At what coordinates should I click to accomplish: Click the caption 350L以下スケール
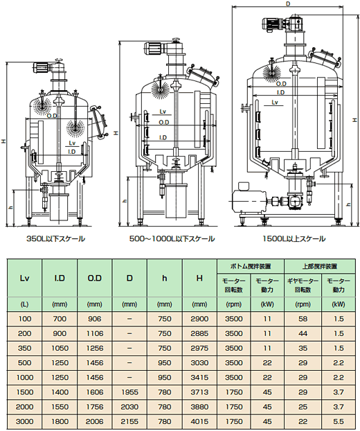coord(56,239)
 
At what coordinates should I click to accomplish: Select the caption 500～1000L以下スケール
coord(172,239)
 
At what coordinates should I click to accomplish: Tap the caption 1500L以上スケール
coord(294,239)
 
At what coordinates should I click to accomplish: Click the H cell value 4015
coord(199,422)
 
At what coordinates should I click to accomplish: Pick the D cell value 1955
coord(129,392)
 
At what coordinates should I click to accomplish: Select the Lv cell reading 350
coord(24,349)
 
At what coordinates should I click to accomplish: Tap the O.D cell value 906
coord(94,319)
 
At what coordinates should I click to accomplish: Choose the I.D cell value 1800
coord(60,422)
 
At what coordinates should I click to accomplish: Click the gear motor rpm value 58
coord(303,319)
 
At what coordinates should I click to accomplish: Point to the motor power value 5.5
coord(339,422)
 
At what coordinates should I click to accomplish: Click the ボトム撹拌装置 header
coord(251,266)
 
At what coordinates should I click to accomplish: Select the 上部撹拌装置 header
coord(320,266)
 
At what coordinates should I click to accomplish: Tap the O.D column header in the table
coord(94,278)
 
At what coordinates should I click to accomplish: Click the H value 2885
coord(199,334)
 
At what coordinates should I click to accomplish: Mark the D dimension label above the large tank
coord(288,4)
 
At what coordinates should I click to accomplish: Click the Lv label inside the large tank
coord(275,103)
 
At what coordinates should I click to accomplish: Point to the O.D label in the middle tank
coord(164,123)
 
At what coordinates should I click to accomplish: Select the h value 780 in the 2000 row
coord(165,407)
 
